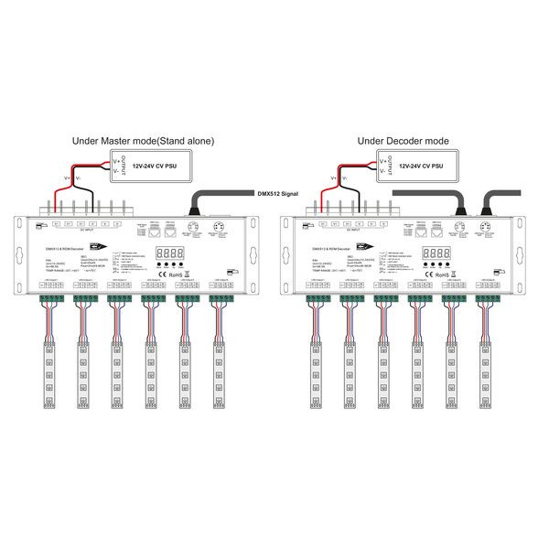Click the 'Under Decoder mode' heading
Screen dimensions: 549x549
pos(403,142)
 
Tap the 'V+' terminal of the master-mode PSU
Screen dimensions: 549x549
pos(115,159)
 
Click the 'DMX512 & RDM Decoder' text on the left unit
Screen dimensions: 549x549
pos(65,248)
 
